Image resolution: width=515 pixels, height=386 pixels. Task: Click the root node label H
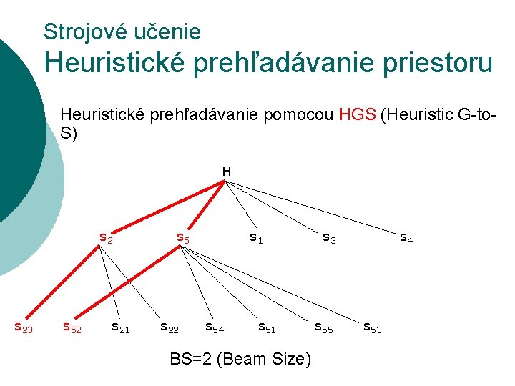(x=226, y=172)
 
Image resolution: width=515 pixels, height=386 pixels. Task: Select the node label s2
(x=105, y=238)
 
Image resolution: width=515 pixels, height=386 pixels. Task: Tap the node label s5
(x=183, y=237)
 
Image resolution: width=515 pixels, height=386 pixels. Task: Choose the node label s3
(x=329, y=237)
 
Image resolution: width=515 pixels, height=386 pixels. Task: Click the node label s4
(x=406, y=237)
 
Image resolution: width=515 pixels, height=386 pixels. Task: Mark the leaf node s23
(x=24, y=327)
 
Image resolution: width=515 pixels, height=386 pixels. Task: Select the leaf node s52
(x=72, y=327)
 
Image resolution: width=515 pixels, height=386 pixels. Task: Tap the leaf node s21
(x=120, y=327)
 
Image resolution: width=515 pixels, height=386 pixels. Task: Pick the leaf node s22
(x=169, y=327)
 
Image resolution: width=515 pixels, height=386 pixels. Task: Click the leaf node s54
(x=215, y=327)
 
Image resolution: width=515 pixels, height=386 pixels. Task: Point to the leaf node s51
(x=267, y=327)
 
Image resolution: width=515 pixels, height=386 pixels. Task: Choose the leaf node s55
(x=324, y=327)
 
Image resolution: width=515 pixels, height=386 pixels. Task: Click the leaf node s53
(x=373, y=327)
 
